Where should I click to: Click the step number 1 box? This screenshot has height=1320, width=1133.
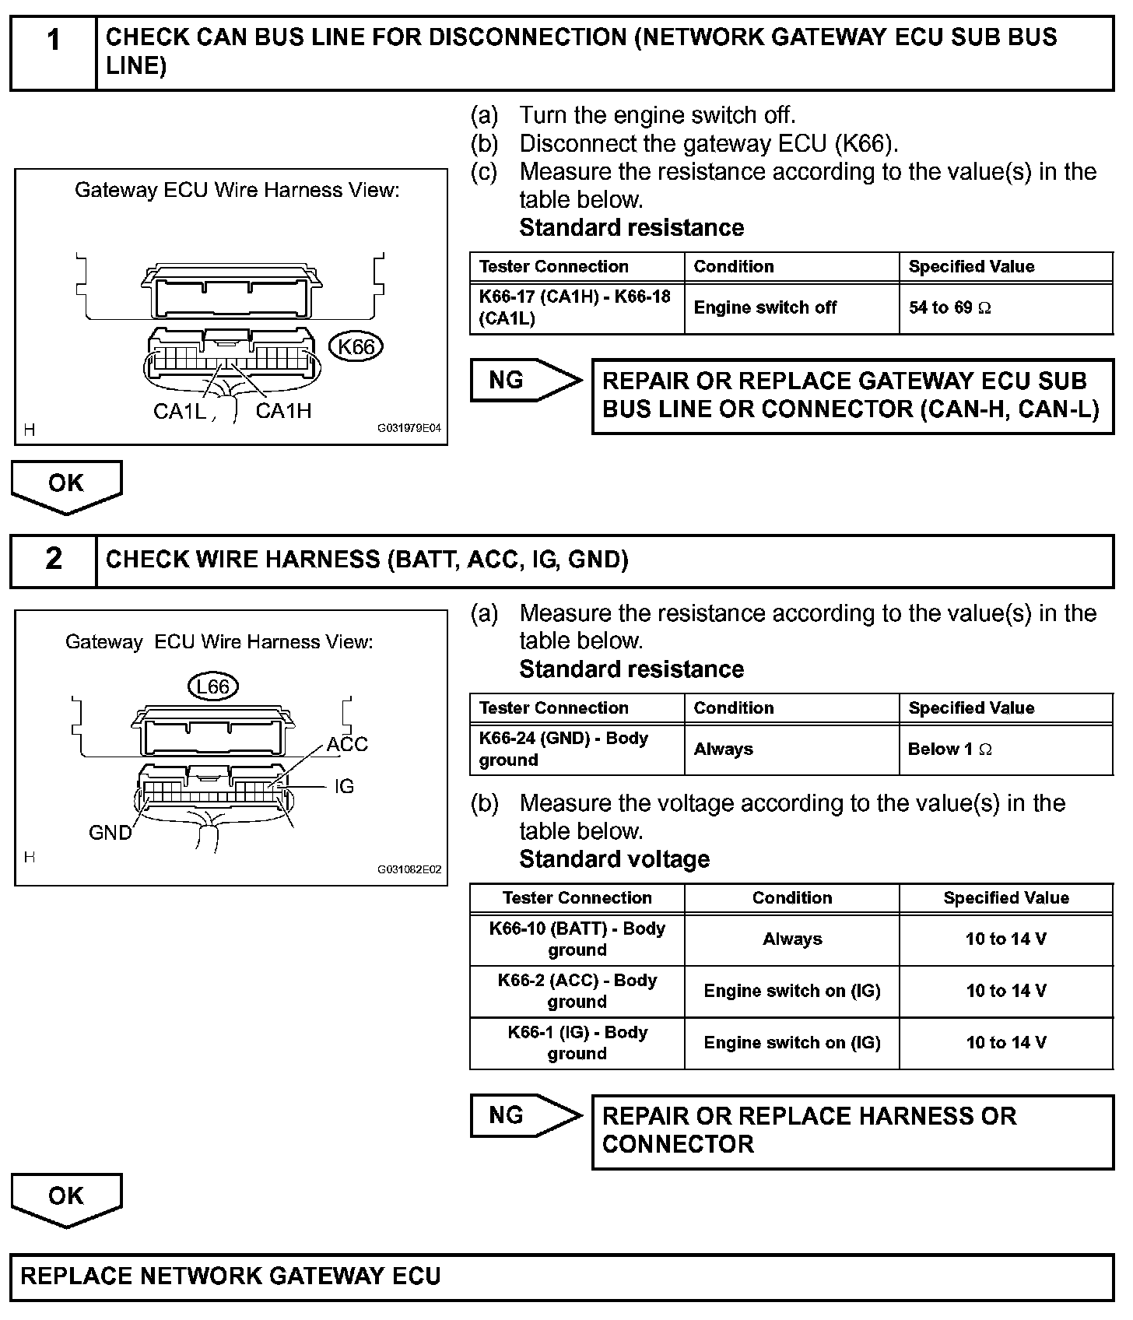[x=53, y=53]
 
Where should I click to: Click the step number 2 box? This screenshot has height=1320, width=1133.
[x=53, y=560]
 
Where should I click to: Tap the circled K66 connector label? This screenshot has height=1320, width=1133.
[x=356, y=347]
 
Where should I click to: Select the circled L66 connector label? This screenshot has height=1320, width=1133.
[x=212, y=686]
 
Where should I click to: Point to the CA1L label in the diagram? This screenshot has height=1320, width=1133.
[x=180, y=411]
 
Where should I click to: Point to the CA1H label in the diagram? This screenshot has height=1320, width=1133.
[x=283, y=411]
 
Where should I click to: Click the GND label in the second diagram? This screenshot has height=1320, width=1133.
[x=110, y=833]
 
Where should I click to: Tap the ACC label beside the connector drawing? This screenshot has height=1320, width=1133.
[x=347, y=744]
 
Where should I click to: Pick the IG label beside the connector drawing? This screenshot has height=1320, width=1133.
[x=344, y=786]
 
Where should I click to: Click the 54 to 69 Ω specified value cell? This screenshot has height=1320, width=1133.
[x=1005, y=308]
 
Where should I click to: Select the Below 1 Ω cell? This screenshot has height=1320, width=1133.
[x=1005, y=750]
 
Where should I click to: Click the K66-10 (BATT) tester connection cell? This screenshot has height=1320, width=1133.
[x=577, y=939]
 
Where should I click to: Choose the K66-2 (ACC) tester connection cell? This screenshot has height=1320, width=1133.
[x=577, y=991]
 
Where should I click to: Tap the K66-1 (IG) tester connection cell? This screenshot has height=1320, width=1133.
[x=577, y=1043]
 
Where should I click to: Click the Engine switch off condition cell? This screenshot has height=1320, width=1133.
[x=791, y=308]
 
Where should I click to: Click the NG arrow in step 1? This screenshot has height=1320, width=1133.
[x=525, y=381]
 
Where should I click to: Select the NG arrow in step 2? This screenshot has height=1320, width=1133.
[x=525, y=1116]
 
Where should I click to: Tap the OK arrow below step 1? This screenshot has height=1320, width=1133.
[x=66, y=485]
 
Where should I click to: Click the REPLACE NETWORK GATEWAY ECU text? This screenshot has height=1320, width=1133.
[x=230, y=1276]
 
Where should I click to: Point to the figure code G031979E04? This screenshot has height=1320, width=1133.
[x=409, y=428]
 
